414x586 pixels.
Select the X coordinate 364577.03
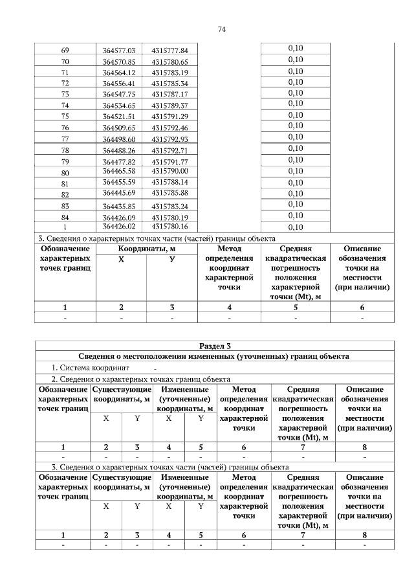pyautogui.click(x=118, y=50)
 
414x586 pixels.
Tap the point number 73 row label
pyautogui.click(x=65, y=94)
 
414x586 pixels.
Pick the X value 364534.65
pyautogui.click(x=118, y=105)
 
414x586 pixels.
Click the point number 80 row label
pyautogui.click(x=65, y=172)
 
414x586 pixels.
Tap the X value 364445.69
pyautogui.click(x=118, y=193)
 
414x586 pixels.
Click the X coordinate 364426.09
pyautogui.click(x=118, y=217)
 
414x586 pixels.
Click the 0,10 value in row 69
pyautogui.click(x=295, y=49)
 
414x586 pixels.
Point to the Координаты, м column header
pyautogui.click(x=147, y=249)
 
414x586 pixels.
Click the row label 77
pyautogui.click(x=65, y=139)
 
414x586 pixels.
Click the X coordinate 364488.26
pyautogui.click(x=118, y=150)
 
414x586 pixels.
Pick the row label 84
pyautogui.click(x=65, y=217)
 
